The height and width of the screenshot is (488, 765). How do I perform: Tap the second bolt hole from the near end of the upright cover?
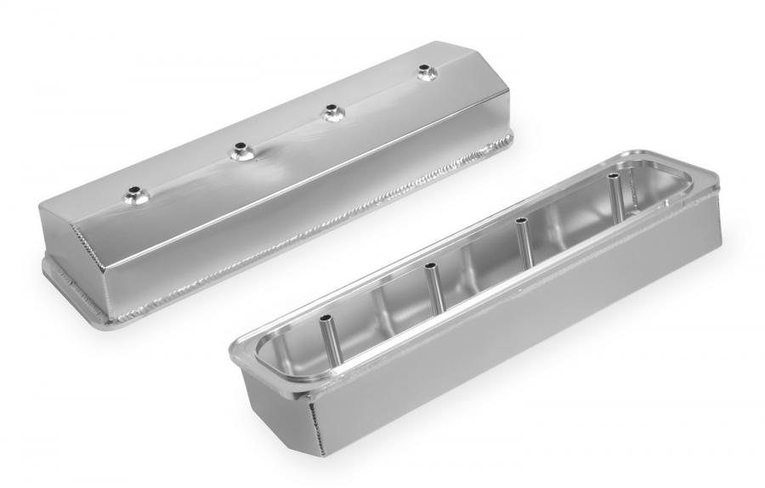239,151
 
